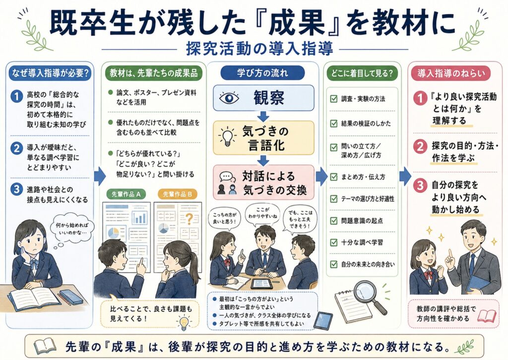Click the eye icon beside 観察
[229, 98]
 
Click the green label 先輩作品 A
[126, 194]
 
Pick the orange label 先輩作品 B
[178, 194]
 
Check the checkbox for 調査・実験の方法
[334, 99]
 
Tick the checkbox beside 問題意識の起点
[334, 220]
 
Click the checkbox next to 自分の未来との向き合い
[334, 264]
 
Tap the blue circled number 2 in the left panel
[16, 148]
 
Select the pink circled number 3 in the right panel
[420, 186]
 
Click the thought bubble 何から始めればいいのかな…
[72, 228]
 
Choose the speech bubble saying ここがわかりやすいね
[262, 214]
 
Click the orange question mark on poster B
[189, 219]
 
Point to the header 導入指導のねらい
[451, 73]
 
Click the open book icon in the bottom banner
[45, 347]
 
